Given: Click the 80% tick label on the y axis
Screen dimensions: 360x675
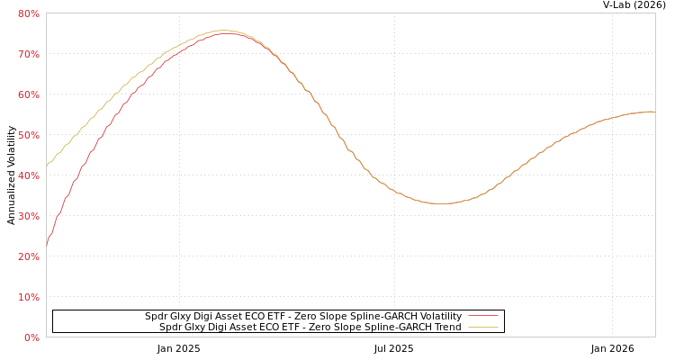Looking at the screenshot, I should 28,13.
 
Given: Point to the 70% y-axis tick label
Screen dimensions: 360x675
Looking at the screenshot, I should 28,54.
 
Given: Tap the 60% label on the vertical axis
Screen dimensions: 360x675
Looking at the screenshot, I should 28,94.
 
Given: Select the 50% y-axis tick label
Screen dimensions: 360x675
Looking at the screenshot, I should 28,135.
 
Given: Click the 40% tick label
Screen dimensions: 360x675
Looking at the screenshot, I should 28,175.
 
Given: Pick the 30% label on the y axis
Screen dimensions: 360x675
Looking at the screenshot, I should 28,216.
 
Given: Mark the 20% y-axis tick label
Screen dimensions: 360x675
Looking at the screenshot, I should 28,256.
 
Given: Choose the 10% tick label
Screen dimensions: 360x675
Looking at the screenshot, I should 28,297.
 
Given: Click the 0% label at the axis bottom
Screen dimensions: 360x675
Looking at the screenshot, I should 31,337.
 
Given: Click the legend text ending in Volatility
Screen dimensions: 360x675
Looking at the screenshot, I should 303,316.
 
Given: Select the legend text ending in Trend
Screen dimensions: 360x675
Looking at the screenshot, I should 310,327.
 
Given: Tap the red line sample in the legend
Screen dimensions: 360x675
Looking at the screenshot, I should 483,316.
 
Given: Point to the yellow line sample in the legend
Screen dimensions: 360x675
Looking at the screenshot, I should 483,327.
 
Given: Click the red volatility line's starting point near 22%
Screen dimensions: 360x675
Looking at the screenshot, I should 47,245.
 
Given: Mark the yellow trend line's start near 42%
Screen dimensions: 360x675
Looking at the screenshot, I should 47,166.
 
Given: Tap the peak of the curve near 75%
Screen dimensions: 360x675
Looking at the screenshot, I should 225,32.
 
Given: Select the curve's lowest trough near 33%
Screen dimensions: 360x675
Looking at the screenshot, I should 441,203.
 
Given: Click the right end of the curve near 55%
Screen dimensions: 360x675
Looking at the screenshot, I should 654,112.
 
